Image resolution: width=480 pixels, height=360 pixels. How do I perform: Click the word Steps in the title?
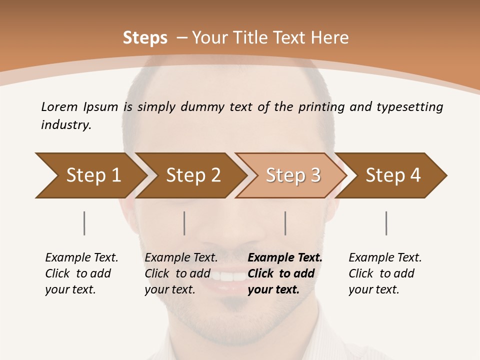click(145, 38)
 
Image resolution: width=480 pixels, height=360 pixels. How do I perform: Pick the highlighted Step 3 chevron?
click(293, 175)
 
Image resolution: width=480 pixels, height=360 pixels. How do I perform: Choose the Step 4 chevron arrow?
click(393, 175)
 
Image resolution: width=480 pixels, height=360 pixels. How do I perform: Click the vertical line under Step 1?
click(84, 223)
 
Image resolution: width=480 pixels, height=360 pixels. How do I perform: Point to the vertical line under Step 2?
click(184, 223)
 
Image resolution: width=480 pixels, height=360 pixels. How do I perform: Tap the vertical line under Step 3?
click(285, 223)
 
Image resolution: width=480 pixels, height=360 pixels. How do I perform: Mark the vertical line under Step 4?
click(386, 223)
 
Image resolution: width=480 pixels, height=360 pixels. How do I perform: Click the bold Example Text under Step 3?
click(285, 258)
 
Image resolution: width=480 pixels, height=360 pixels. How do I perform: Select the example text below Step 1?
click(81, 273)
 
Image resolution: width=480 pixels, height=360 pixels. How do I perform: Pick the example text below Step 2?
click(181, 273)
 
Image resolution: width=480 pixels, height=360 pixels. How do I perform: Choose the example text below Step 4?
click(385, 273)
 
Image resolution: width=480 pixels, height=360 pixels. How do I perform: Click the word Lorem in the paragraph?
click(59, 106)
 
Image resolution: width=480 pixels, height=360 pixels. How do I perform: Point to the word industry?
click(66, 125)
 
